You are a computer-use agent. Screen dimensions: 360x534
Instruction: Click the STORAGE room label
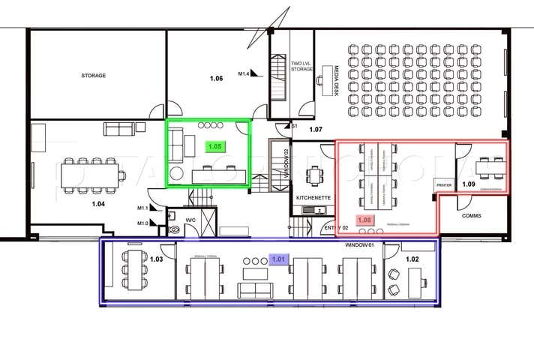tap(94, 76)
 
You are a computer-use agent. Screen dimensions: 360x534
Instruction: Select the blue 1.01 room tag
tap(278, 259)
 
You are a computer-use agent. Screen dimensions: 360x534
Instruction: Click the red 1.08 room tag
tap(365, 220)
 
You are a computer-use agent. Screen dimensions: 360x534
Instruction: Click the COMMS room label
tap(472, 216)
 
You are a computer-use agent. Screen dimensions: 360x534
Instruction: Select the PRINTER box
tap(444, 183)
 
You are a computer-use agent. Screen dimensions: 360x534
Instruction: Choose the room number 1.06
tap(217, 78)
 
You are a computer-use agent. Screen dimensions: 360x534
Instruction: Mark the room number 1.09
tap(469, 184)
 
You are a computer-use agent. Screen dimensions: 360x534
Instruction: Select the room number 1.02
tap(412, 259)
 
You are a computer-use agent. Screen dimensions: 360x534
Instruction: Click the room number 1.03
tap(157, 259)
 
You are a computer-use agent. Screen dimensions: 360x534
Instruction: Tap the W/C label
tap(190, 220)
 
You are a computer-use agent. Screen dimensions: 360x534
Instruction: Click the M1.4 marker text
tap(244, 73)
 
